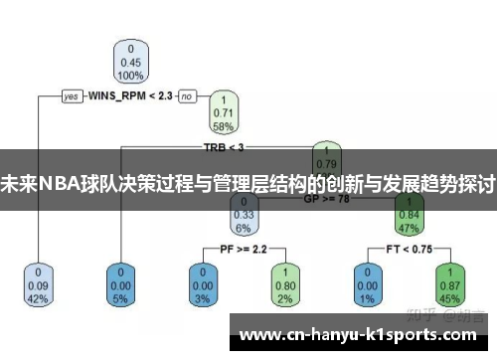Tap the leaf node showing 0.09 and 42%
tap(39, 283)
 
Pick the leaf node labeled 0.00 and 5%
tap(121, 283)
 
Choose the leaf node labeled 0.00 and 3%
tap(202, 283)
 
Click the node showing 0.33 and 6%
tap(243, 213)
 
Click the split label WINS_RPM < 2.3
tap(130, 96)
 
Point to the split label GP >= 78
tap(324, 199)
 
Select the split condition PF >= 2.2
tap(243, 249)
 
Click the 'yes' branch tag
tap(72, 96)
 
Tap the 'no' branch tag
tap(187, 96)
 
